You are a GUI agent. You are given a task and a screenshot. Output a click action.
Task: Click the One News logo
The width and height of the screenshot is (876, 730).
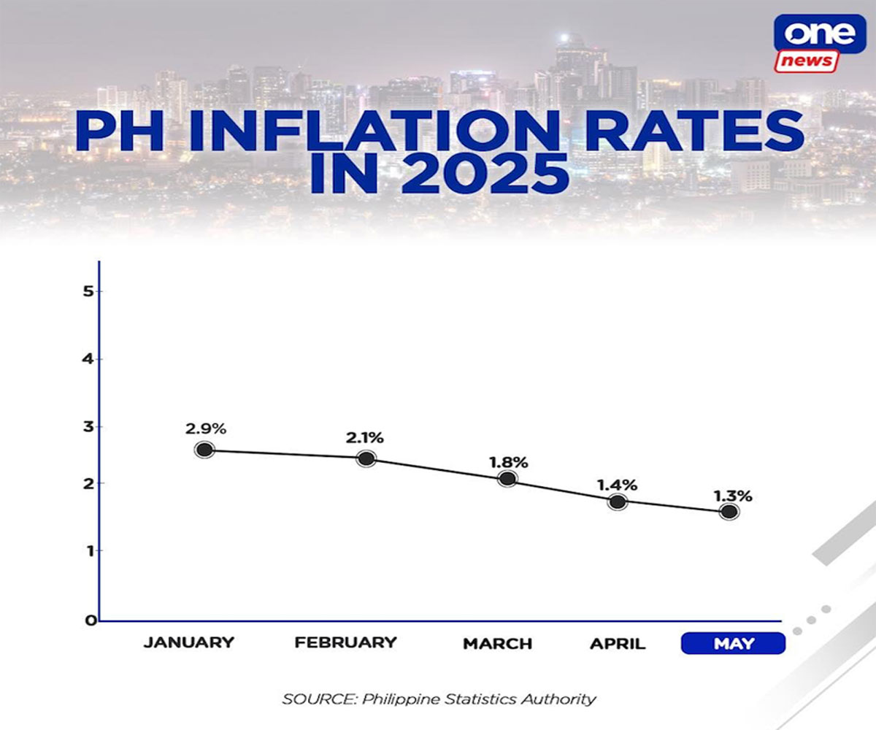coord(817,44)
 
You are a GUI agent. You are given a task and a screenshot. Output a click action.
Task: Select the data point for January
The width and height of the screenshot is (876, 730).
coord(204,450)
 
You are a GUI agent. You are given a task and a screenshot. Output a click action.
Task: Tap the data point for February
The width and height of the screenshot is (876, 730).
coord(366,458)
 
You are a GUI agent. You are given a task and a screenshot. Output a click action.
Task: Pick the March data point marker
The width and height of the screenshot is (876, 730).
coord(507,479)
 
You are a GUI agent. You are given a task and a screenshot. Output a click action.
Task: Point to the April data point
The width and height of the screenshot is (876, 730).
coord(618,502)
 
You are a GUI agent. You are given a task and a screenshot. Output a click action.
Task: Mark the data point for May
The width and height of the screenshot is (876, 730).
coord(728,512)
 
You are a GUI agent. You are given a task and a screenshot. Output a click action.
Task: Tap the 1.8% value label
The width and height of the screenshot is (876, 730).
coord(509,462)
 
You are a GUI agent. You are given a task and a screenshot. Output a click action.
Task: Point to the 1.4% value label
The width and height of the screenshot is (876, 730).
coord(618,485)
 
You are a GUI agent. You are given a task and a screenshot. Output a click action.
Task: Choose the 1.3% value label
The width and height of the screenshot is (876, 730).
coord(732,496)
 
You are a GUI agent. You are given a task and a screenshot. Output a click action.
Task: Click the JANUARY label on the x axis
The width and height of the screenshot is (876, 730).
coord(189,643)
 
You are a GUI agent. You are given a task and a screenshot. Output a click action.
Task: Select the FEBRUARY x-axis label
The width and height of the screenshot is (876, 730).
coord(345,643)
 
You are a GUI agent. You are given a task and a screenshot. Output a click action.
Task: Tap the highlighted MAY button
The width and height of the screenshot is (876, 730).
coord(733,644)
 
